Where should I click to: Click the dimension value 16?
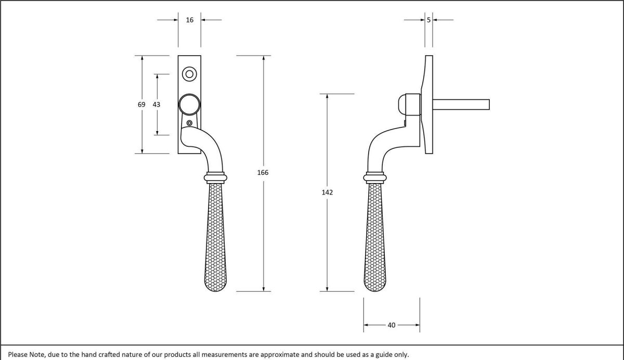(x=189, y=20)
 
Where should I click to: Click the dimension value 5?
(x=428, y=20)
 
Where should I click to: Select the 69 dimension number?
(x=141, y=105)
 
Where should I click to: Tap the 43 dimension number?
(x=157, y=105)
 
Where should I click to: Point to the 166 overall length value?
(x=263, y=172)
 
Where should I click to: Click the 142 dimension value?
(x=327, y=192)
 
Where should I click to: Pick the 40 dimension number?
(x=392, y=325)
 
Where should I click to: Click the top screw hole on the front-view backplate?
(x=189, y=74)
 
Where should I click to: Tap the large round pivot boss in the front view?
(x=189, y=105)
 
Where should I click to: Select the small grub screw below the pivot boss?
(x=189, y=123)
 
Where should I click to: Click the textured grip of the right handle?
(x=375, y=239)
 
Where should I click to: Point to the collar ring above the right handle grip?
(x=375, y=177)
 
